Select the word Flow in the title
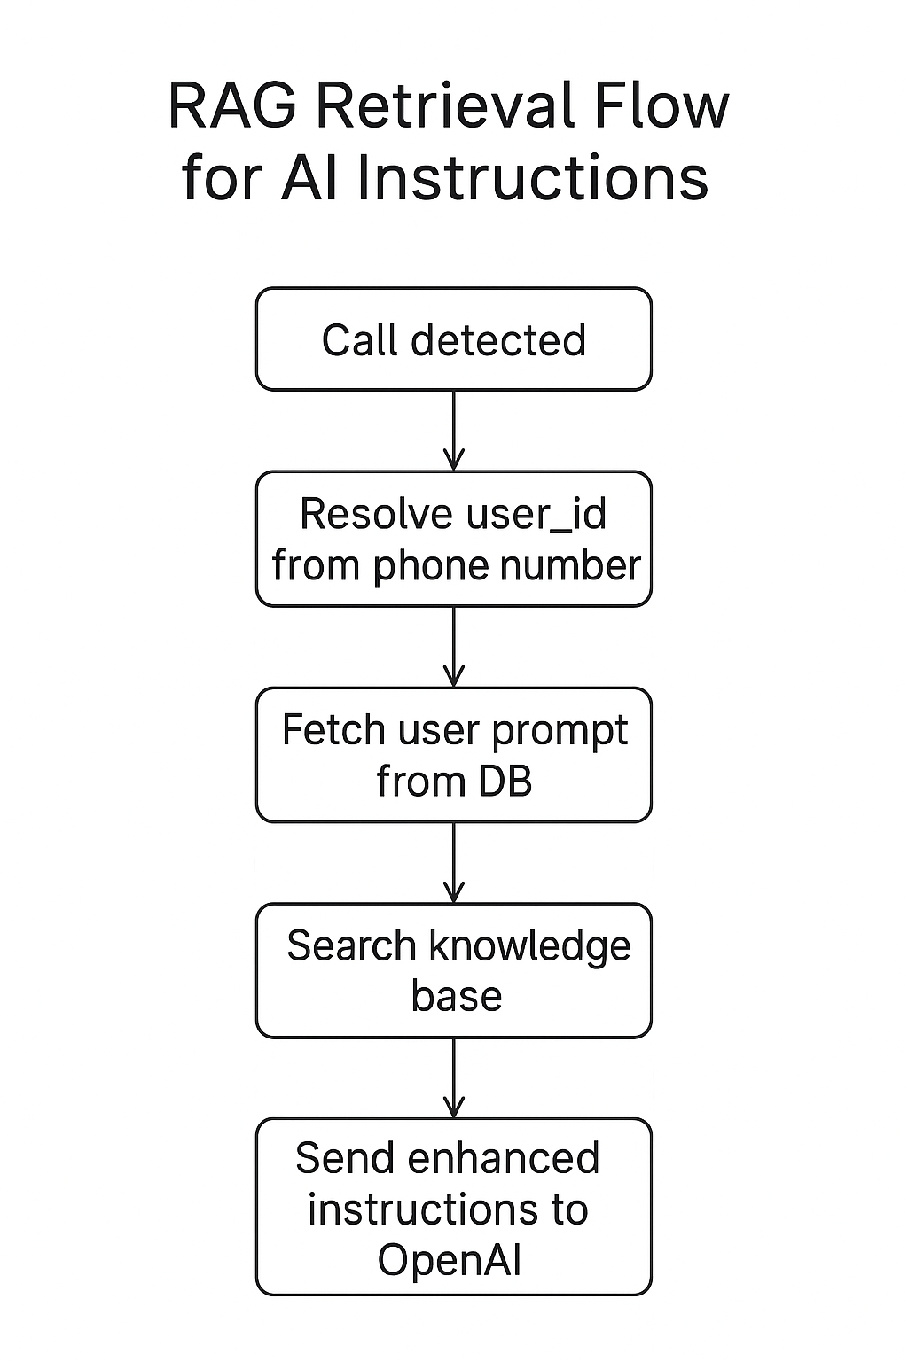(661, 106)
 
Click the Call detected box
(453, 339)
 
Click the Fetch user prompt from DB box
(453, 755)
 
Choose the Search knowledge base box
(453, 970)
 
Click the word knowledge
(529, 946)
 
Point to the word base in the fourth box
(456, 997)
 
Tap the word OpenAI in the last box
(449, 1260)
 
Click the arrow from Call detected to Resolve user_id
(453, 431)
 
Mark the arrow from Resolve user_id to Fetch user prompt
(453, 647)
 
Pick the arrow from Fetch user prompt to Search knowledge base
(453, 863)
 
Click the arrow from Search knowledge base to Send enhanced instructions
(453, 1078)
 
